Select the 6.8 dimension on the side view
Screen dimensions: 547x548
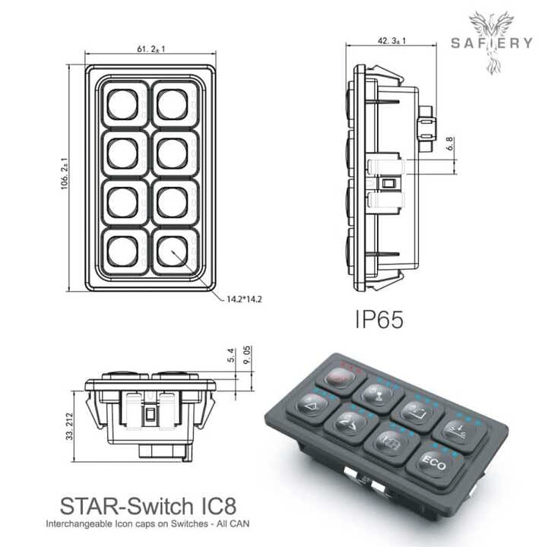[449, 143]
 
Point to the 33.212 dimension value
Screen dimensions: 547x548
[69, 425]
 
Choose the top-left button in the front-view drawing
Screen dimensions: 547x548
[122, 104]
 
